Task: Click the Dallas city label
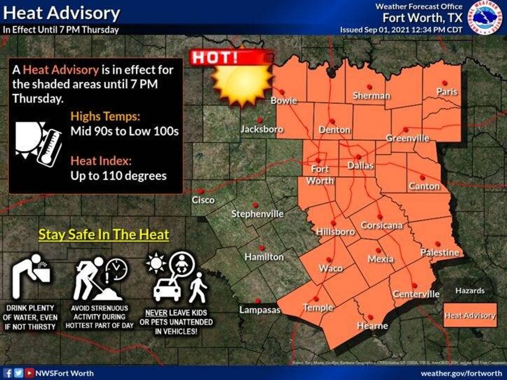coord(360,165)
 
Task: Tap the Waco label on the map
coord(331,268)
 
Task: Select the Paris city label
coord(447,92)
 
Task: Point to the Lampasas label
coord(259,310)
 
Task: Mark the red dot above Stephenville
coord(255,205)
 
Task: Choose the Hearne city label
coord(372,326)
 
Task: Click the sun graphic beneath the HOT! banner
coord(242,84)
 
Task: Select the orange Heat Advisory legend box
coord(470,315)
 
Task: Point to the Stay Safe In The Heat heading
coord(104,234)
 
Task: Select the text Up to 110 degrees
coord(118,176)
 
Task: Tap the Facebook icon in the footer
coord(8,373)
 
